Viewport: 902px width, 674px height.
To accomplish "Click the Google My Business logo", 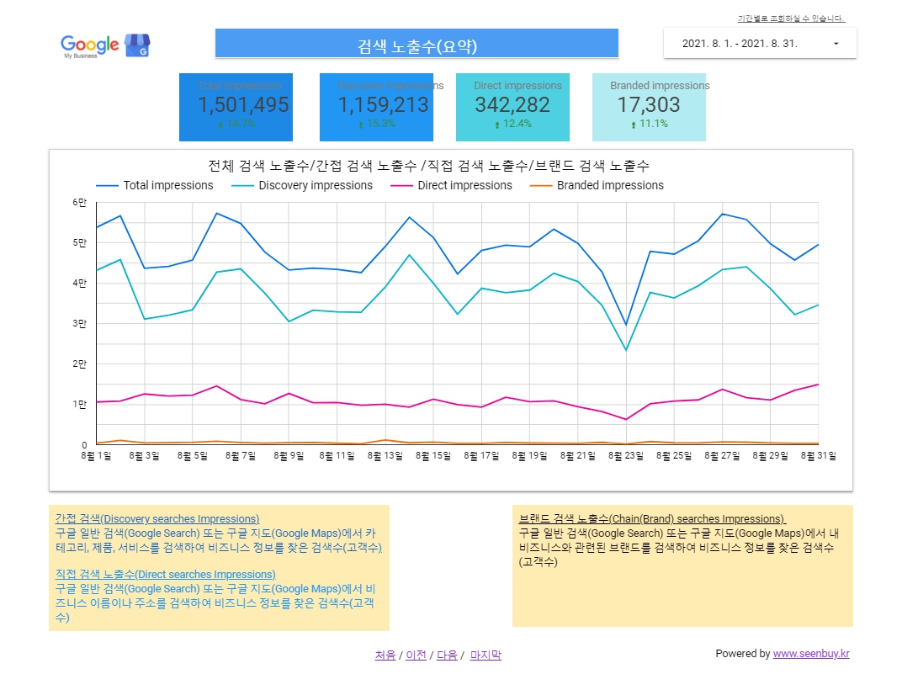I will click(104, 45).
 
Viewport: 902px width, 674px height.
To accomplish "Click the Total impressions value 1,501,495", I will click(243, 105).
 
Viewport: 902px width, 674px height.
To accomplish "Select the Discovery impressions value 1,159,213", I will click(383, 105).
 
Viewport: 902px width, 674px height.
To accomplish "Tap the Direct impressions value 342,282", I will click(512, 105).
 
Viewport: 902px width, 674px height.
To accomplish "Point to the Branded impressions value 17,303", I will click(648, 105).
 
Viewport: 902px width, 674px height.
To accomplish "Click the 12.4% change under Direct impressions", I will click(517, 124).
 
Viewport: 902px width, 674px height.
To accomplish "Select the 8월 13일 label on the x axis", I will click(385, 456).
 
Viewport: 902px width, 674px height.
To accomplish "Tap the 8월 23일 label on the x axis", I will click(625, 456).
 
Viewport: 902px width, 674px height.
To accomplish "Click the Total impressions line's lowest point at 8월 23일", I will click(625, 325).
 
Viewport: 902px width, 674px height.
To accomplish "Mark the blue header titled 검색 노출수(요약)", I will click(417, 44).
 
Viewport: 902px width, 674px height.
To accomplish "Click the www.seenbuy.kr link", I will click(810, 654).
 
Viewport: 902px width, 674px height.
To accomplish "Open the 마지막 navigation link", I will click(485, 655).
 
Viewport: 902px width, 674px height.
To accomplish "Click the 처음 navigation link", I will click(385, 655).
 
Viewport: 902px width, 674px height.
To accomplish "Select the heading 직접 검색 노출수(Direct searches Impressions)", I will click(165, 575).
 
